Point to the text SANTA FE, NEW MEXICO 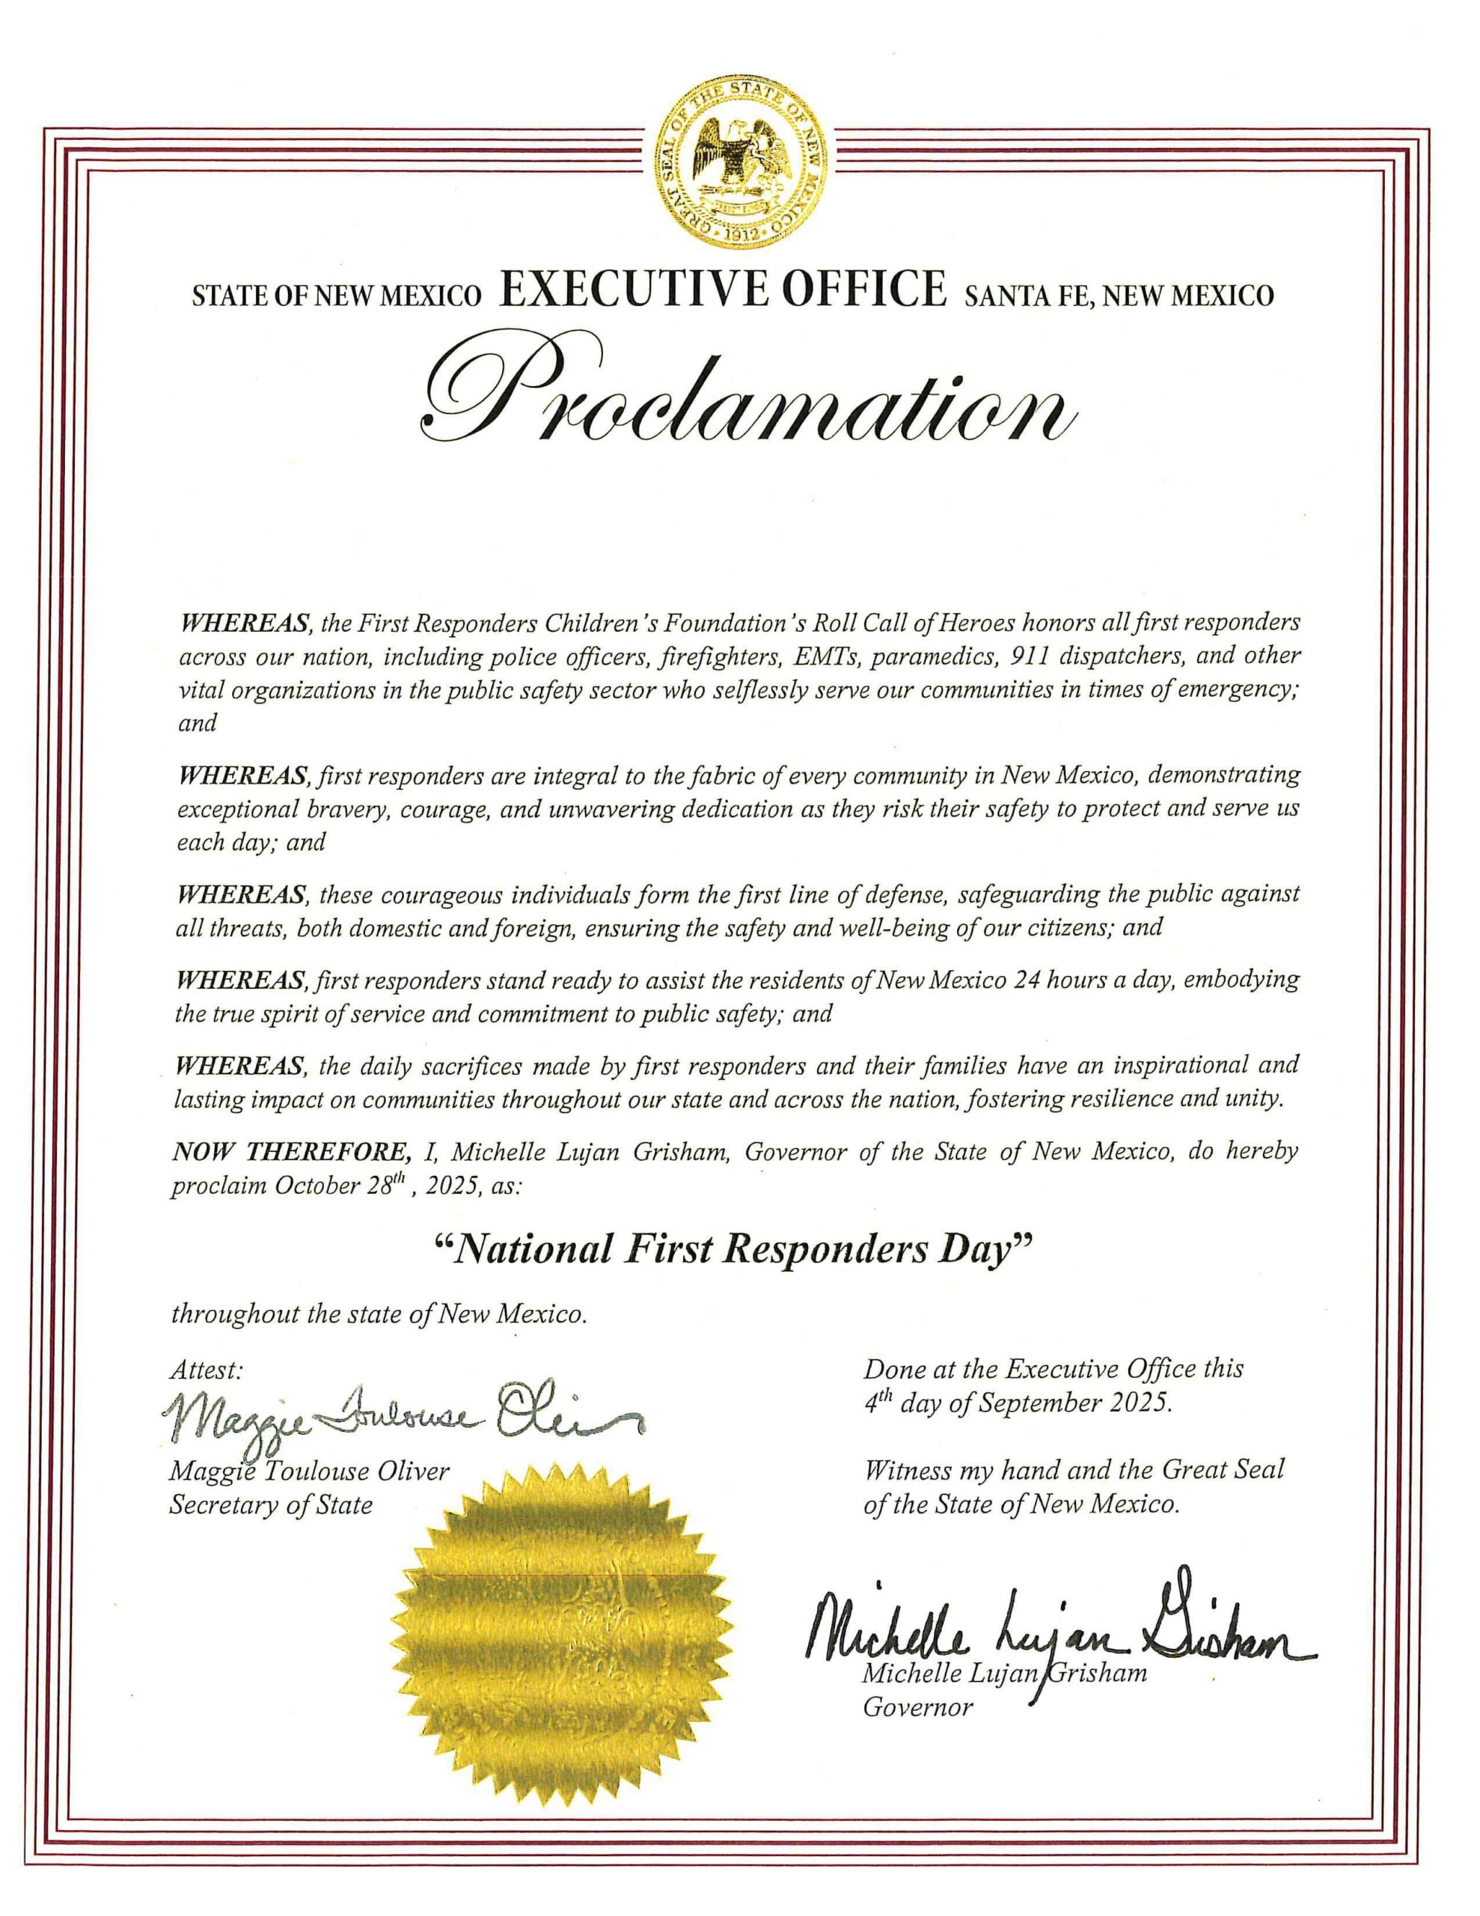coord(1118,296)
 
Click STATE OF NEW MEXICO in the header coord(337,296)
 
